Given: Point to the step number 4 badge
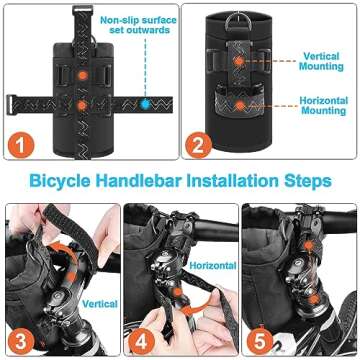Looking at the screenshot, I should (141, 338).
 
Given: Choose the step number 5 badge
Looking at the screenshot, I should (259, 338).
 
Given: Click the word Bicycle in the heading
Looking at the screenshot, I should (68, 183).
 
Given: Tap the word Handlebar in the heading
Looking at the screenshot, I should (144, 183).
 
